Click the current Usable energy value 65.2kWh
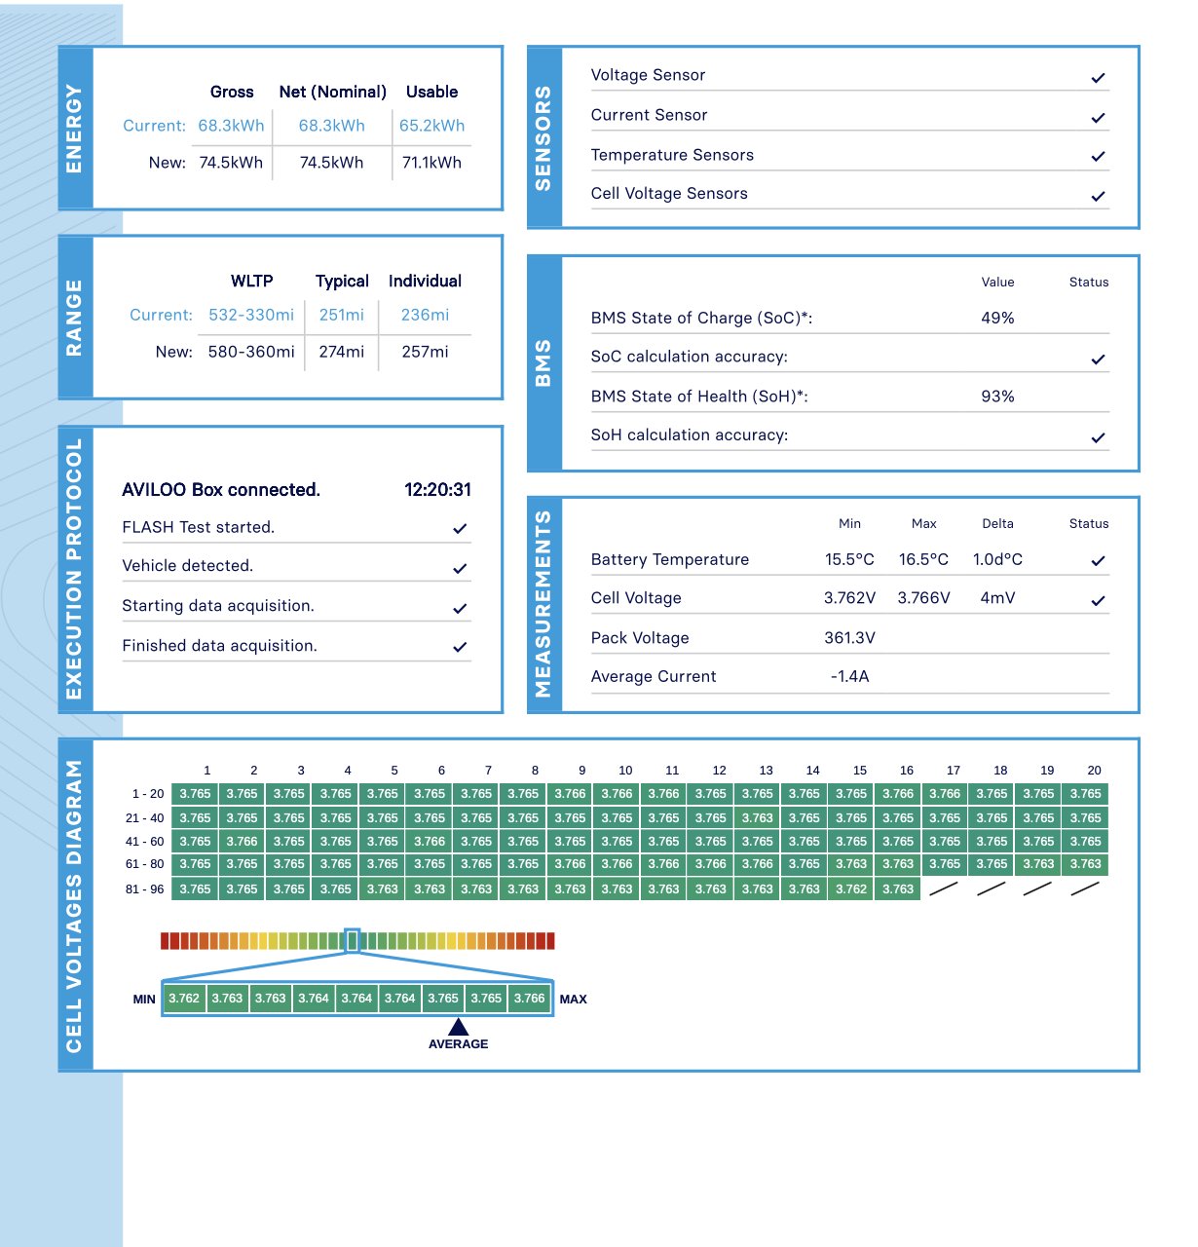[431, 126]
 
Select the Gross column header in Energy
[232, 92]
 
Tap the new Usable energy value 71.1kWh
[431, 163]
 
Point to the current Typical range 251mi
[341, 315]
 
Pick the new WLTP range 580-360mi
[251, 352]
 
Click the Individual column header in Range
[425, 281]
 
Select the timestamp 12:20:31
[437, 490]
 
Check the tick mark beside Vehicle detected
[460, 568]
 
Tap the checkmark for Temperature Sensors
[1098, 156]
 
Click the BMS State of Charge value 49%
[997, 318]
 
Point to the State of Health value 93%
[997, 397]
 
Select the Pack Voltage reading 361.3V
[849, 638]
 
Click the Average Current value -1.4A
[849, 676]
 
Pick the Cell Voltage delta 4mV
[997, 598]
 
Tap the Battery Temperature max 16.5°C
[923, 559]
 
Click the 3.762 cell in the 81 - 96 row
[850, 888]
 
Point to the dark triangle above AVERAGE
[458, 1027]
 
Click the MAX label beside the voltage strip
[573, 999]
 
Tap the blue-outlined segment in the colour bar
[353, 940]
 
